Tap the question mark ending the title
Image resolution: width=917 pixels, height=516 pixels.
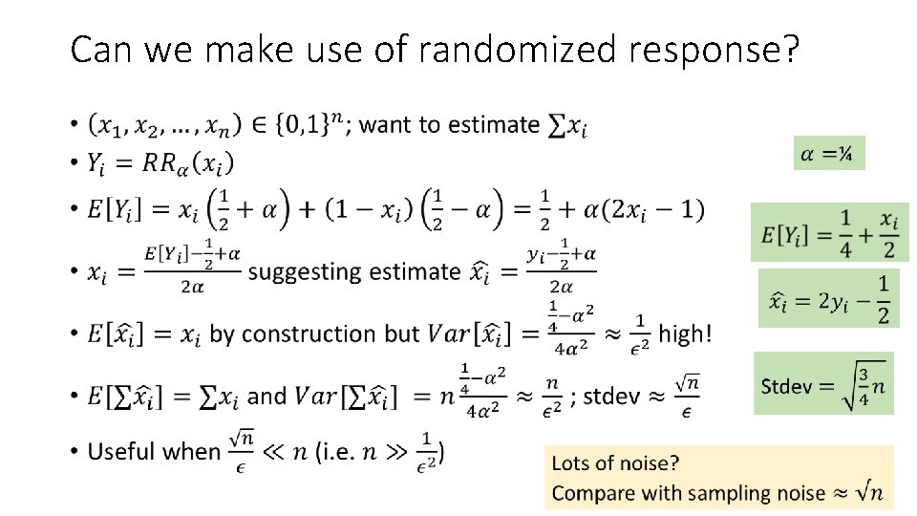(x=789, y=50)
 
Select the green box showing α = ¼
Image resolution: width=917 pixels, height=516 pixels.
(x=829, y=152)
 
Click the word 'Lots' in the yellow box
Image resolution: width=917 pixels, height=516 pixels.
(x=572, y=464)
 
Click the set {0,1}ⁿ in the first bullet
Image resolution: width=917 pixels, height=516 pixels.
(x=302, y=125)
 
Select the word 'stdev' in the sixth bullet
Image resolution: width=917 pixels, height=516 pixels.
(x=611, y=396)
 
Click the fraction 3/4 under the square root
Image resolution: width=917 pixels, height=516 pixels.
(x=863, y=386)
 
